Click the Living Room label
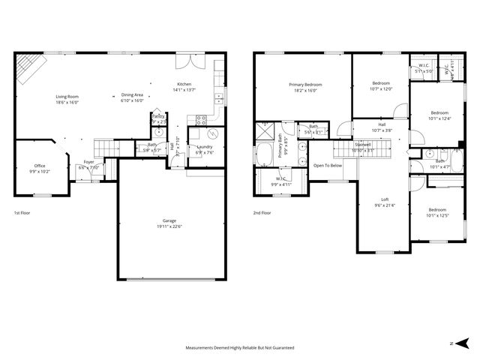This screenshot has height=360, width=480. tap(67, 97)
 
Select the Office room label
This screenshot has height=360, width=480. tap(39, 166)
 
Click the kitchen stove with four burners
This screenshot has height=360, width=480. tap(201, 119)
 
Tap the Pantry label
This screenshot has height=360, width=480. tap(158, 116)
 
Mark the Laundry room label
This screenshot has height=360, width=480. tap(205, 147)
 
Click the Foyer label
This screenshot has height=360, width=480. tap(88, 162)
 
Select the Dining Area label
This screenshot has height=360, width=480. tap(132, 95)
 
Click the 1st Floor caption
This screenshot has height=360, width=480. tap(22, 212)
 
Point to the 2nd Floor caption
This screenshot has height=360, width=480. tap(262, 212)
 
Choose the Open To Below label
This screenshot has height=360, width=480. tap(328, 165)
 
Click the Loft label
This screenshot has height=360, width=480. tap(384, 199)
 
